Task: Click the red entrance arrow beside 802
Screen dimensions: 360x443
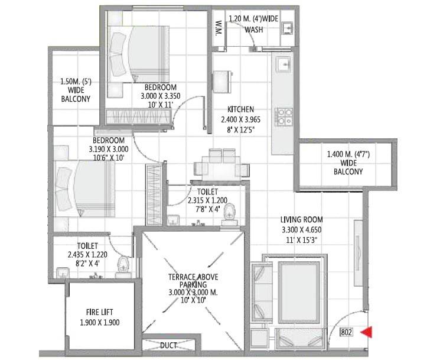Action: coord(367,332)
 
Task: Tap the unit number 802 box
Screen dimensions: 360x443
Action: coord(347,332)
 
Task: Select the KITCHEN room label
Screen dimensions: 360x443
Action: coord(241,109)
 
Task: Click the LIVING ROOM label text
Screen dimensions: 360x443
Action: coord(301,220)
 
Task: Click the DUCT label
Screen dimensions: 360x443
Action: coord(170,345)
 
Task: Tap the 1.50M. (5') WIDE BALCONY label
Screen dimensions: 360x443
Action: coord(75,90)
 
